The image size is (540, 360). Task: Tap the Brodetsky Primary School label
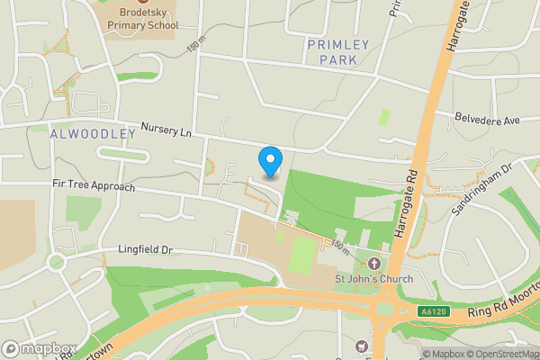(x=142, y=20)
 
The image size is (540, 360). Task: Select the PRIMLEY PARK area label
(x=332, y=52)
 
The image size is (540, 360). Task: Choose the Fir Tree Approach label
(x=93, y=186)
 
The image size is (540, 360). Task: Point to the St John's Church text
(x=374, y=278)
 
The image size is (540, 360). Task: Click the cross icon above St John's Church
(x=374, y=263)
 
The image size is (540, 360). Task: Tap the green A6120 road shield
(x=434, y=311)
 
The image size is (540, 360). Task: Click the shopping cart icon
(x=362, y=346)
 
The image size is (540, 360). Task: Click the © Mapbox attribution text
(x=445, y=354)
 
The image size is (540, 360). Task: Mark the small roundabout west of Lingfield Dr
(x=56, y=264)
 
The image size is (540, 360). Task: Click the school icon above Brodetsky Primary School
(x=142, y=4)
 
